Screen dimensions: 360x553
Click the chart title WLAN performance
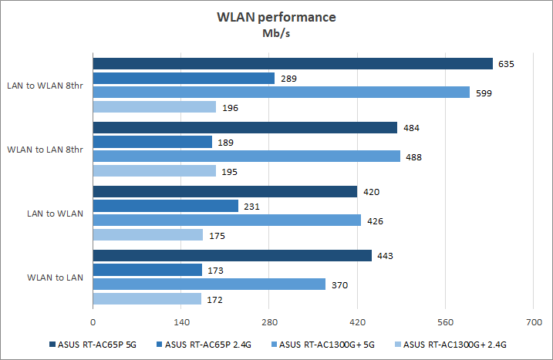[275, 17]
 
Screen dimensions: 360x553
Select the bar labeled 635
[292, 63]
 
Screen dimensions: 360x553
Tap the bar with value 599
[281, 93]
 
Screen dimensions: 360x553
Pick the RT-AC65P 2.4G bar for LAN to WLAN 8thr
[184, 78]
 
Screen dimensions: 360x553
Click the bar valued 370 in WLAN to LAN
[209, 284]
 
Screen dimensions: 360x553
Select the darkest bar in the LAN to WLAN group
[224, 192]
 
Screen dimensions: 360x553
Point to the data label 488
[413, 157]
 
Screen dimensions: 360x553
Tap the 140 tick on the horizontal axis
[180, 321]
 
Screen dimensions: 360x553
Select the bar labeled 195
[154, 171]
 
